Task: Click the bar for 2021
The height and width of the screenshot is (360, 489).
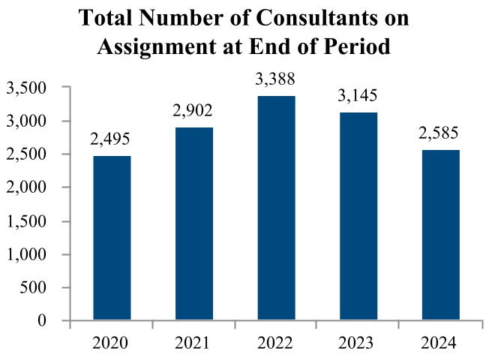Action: point(194,224)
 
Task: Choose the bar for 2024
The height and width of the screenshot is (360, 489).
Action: point(441,235)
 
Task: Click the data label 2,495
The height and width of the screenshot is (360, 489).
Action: point(112,140)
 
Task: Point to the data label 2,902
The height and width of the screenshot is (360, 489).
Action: point(194,112)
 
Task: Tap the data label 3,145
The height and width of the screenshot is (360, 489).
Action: point(358,96)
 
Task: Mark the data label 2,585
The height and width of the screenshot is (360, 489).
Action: point(441,134)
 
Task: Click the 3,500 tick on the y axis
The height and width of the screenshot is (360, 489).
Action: point(27,88)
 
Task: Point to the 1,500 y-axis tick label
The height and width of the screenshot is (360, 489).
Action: point(27,222)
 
